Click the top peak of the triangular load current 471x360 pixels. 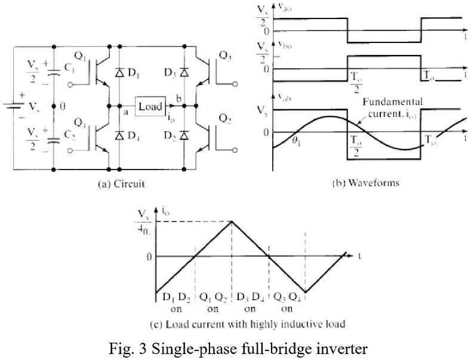point(232,221)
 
